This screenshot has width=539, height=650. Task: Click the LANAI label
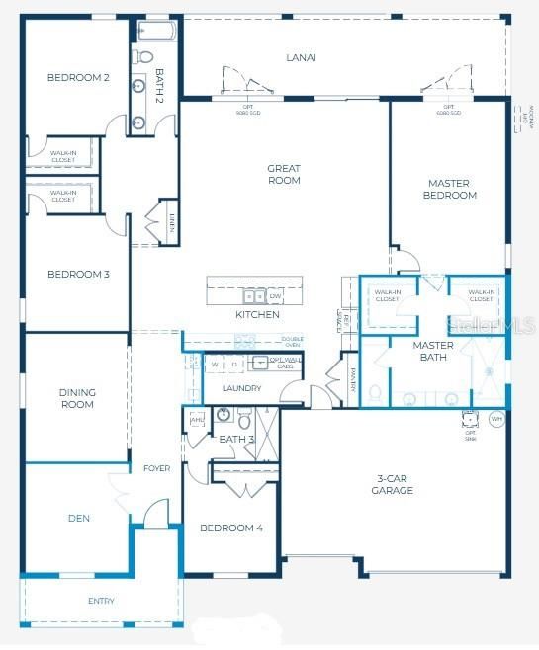coord(301,57)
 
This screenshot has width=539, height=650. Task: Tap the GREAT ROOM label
coord(284,175)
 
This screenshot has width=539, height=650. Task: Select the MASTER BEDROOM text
coord(451,189)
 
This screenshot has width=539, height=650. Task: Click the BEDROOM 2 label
coord(78,77)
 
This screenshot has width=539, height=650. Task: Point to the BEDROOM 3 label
coord(78,274)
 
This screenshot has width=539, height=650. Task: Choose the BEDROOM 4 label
coord(231,528)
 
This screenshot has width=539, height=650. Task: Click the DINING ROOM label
coord(77,398)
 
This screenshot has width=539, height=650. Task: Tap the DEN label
coord(79,517)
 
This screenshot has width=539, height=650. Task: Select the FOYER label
coord(156,468)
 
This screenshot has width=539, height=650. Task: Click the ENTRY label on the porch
coord(101,601)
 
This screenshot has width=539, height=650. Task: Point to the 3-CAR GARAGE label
coord(393,484)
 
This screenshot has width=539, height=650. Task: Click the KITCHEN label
coord(257,315)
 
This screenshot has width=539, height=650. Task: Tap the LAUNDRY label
coord(241,388)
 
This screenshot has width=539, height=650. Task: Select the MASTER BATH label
coord(433,351)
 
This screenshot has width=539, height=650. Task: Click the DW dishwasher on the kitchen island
coord(275,296)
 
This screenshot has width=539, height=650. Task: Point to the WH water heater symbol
coord(496,419)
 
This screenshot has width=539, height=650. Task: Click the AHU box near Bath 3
coord(196,420)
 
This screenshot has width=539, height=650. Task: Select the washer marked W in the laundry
coord(215,365)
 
